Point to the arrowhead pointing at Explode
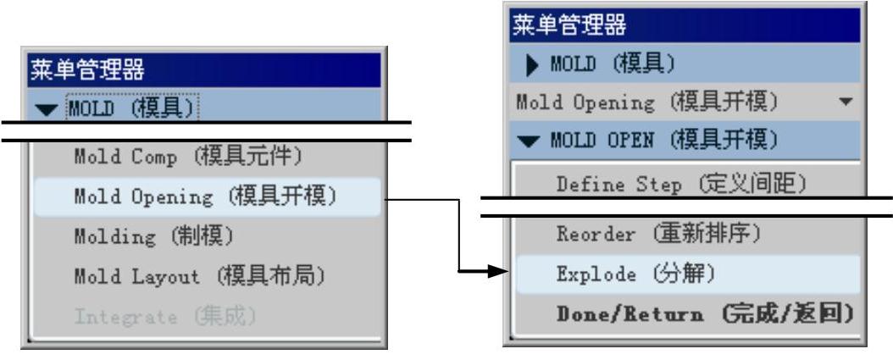point(501,273)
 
